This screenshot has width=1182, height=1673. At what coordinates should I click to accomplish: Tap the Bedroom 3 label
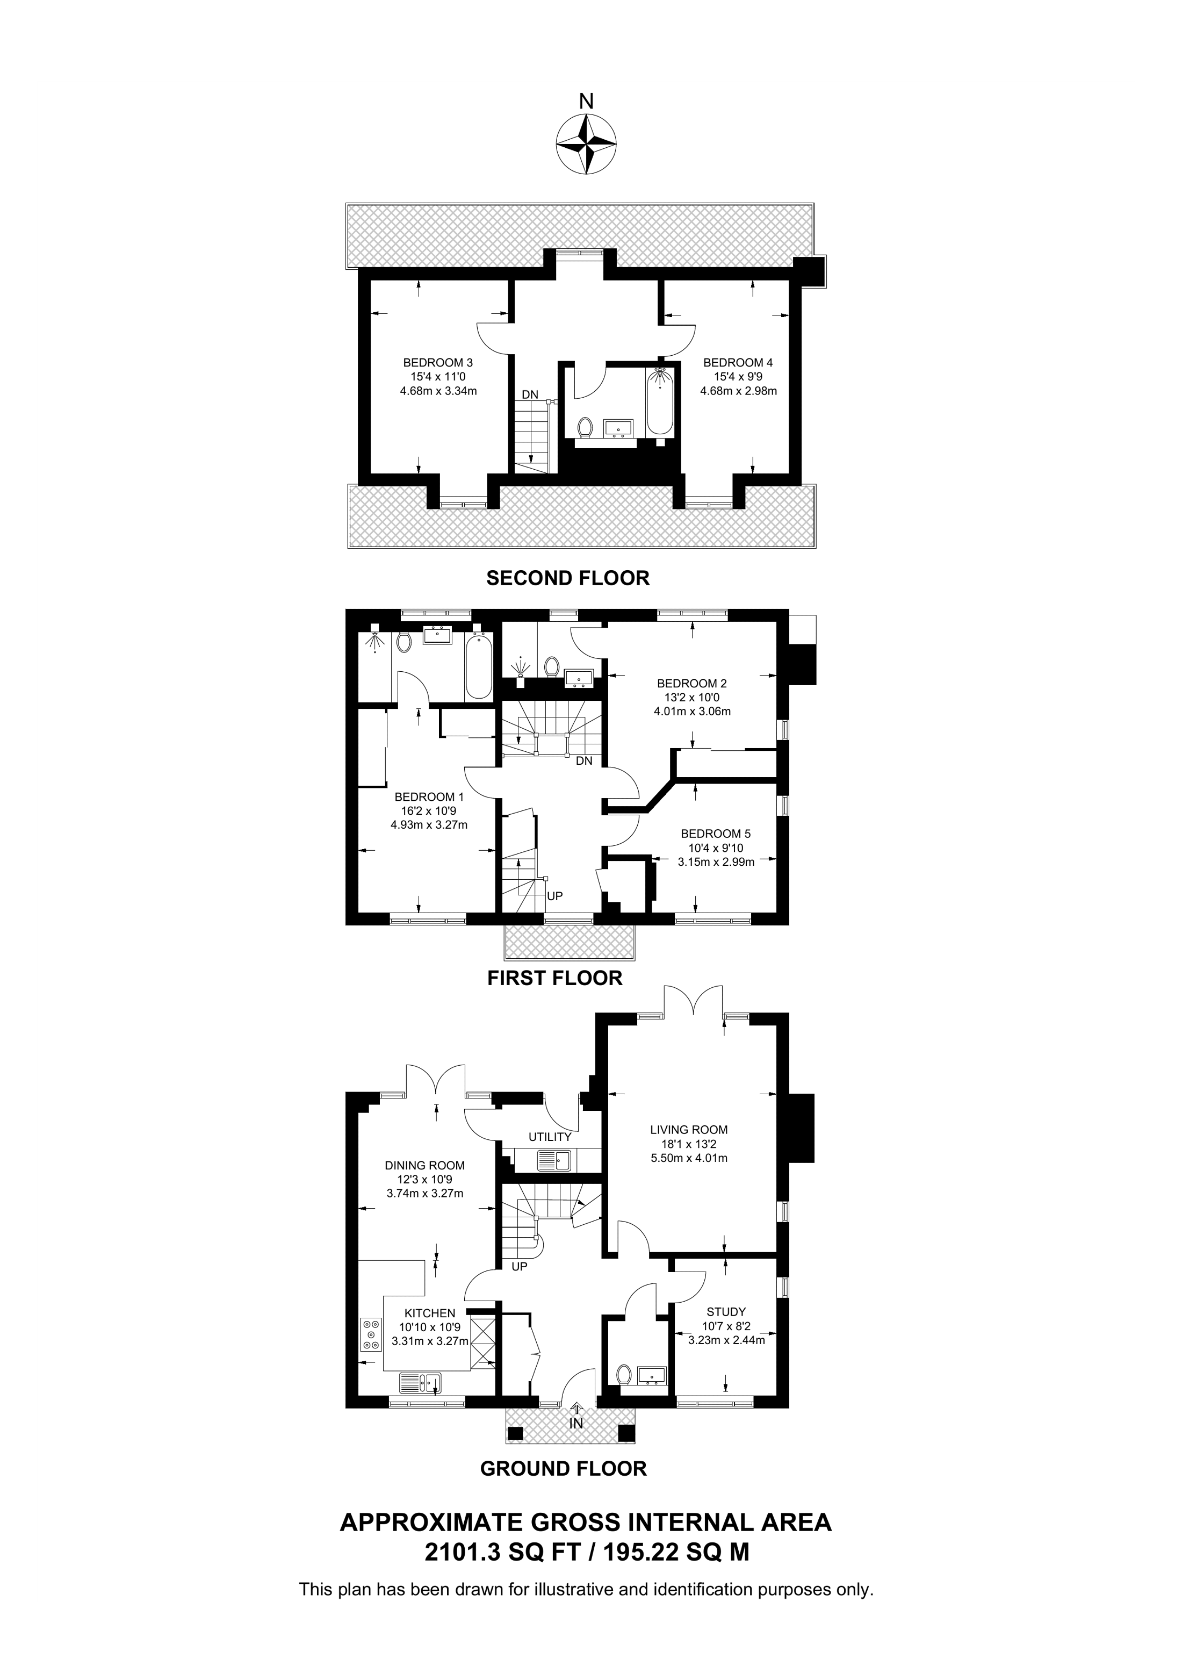[438, 362]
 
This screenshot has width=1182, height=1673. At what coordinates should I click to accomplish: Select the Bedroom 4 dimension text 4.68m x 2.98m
[738, 391]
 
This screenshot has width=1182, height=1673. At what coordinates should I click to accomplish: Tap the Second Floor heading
[567, 578]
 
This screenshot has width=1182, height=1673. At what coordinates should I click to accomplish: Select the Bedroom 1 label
[429, 796]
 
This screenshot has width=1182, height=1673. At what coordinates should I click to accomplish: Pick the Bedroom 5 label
[715, 833]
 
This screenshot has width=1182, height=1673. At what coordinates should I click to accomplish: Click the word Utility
[550, 1136]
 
